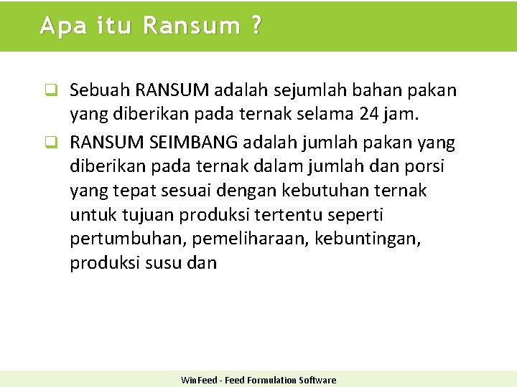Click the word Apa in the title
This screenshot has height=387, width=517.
57,26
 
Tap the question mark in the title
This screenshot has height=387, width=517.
256,26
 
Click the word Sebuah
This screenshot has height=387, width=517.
100,90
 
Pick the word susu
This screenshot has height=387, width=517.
164,263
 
